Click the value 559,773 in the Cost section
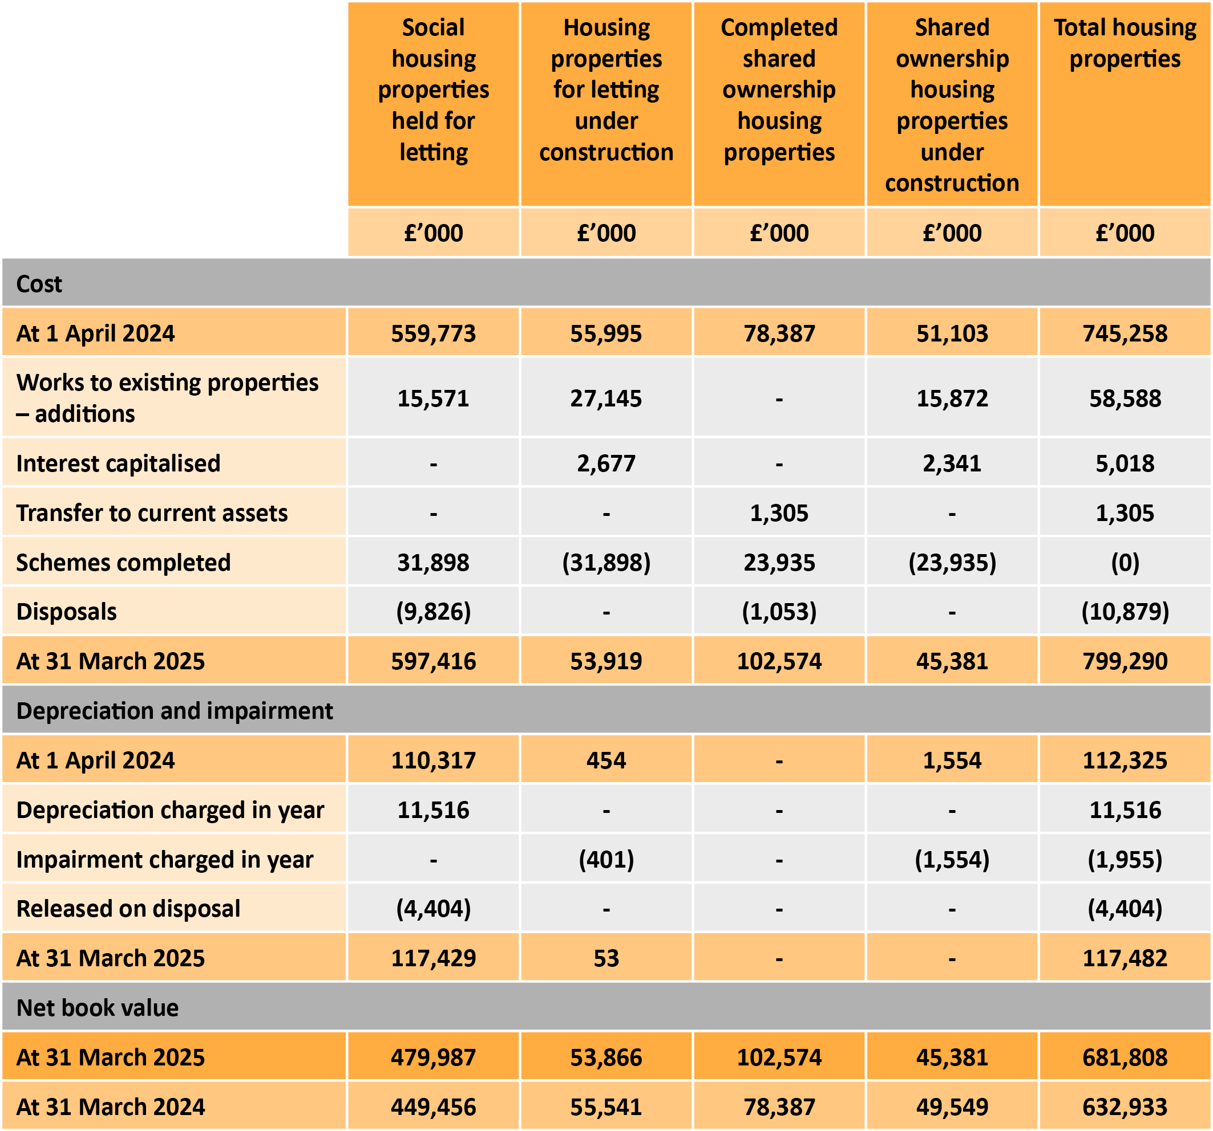pos(433,333)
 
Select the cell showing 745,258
pos(1125,333)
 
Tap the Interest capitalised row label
pos(118,463)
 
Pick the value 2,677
pos(606,463)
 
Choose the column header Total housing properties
pos(1125,43)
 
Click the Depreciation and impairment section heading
pos(175,711)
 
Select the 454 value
pos(606,760)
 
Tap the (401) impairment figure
pos(606,859)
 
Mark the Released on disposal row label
pos(128,909)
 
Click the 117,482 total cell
pos(1125,958)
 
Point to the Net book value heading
pos(98,1008)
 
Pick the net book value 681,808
pos(1125,1057)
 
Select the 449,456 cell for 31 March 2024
pos(433,1106)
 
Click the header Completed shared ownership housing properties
pos(779,89)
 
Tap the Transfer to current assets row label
pos(152,512)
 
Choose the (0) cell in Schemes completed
pos(1125,562)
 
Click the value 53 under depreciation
pos(606,958)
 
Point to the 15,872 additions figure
pos(952,398)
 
